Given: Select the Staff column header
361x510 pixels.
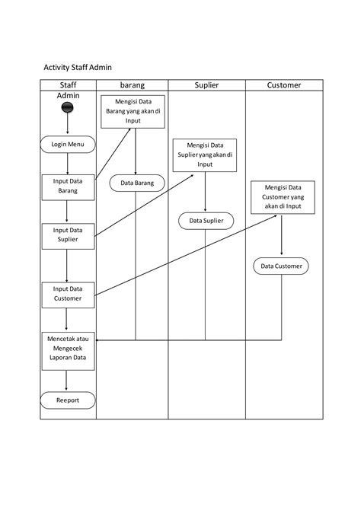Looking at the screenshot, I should (x=68, y=85).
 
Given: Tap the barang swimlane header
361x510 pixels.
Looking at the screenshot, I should (x=133, y=85).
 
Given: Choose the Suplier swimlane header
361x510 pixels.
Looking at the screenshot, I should (x=206, y=85).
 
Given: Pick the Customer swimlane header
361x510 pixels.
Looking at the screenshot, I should (x=283, y=85).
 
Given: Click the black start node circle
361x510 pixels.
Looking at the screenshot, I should (x=68, y=109).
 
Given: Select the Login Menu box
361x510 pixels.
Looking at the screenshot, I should (x=68, y=144).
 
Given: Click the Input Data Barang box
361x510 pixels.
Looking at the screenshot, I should (x=68, y=186).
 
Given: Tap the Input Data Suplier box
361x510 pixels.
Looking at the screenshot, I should (x=68, y=234).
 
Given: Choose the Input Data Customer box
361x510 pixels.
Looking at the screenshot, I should (x=68, y=294).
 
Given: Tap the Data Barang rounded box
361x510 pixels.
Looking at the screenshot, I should (x=137, y=182).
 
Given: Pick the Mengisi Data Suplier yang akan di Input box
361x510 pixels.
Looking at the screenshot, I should (x=205, y=155).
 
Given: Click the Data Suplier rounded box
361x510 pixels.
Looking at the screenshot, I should (x=206, y=221).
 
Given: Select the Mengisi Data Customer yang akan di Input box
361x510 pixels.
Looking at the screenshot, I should (x=283, y=196).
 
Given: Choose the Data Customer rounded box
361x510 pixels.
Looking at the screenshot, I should (x=282, y=266).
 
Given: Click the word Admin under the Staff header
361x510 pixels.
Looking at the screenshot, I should (x=68, y=97).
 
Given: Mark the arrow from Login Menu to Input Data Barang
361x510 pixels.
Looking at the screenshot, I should (x=68, y=164).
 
